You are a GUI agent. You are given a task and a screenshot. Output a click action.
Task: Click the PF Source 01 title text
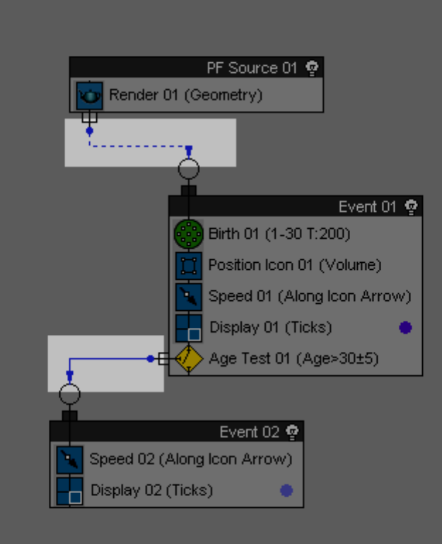252,68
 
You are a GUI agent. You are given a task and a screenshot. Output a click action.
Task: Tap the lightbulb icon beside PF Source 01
312,68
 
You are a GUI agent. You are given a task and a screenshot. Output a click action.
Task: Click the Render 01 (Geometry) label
185,95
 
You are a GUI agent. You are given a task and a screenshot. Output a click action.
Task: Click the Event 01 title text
368,206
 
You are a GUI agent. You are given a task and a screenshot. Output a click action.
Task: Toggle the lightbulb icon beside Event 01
411,206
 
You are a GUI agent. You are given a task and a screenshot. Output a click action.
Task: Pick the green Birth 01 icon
188,234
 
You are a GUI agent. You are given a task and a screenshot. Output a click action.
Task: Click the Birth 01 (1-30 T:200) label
279,233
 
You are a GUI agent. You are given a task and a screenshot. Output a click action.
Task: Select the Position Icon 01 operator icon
188,266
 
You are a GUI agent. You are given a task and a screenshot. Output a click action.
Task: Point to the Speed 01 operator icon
188,297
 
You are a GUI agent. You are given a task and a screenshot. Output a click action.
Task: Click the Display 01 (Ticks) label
270,327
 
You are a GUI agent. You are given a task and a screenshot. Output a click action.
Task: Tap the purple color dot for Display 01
405,327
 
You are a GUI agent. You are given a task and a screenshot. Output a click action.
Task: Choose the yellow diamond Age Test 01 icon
189,358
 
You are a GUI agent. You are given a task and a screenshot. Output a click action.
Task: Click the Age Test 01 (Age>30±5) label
293,358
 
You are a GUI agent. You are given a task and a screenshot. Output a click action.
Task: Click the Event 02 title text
250,432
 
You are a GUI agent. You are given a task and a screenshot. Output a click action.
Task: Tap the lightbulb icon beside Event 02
292,432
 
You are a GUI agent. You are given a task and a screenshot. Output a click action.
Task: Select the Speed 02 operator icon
69,459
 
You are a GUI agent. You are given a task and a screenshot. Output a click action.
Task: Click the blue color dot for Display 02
286,490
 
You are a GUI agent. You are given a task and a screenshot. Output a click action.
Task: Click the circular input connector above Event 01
188,170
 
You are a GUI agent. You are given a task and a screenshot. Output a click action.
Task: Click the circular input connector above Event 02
69,394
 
